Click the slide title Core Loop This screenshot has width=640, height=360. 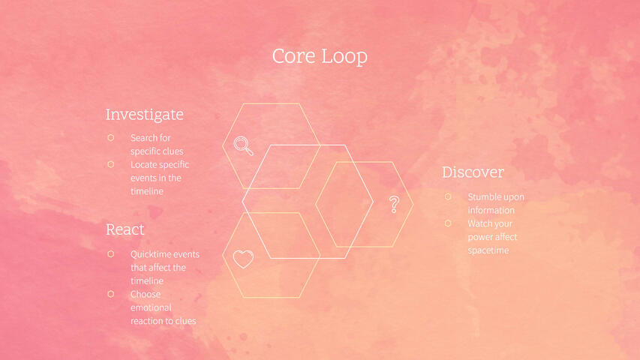[320, 56]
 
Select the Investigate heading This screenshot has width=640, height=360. [144, 115]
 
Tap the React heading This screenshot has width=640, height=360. [125, 229]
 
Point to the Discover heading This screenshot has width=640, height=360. [473, 172]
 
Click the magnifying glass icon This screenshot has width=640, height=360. [243, 145]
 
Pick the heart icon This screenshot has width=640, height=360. [243, 259]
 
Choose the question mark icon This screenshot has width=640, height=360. [394, 204]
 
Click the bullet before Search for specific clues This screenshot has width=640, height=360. [110, 138]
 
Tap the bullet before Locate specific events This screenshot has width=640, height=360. [110, 164]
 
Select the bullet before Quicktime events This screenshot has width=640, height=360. [110, 254]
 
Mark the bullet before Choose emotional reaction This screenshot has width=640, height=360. [110, 294]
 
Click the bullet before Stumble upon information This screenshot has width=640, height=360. [448, 196]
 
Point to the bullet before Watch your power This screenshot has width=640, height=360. [448, 223]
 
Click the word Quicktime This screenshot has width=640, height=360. [151, 254]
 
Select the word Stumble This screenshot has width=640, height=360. [485, 197]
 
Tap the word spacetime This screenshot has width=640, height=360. [488, 250]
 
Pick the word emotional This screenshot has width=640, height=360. [151, 307]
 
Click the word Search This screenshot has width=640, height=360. [143, 138]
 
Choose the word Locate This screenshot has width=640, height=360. [143, 164]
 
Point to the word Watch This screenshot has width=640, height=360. [480, 223]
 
